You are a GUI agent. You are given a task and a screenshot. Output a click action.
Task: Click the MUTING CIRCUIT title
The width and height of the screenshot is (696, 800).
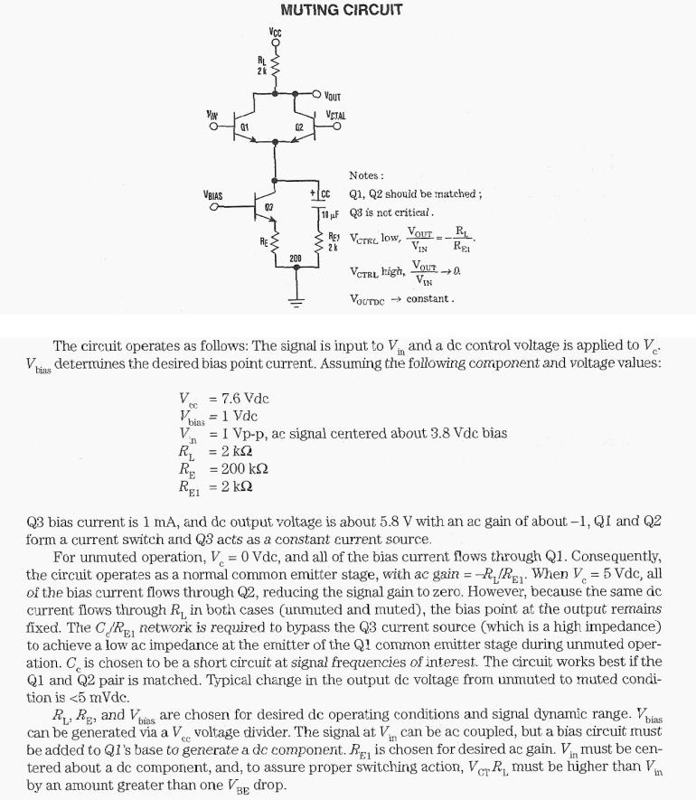click(341, 10)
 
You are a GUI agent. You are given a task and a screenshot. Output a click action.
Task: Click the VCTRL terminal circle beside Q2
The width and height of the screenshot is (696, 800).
click(337, 127)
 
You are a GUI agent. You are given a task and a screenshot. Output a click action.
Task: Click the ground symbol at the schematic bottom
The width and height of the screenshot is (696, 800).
click(292, 303)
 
